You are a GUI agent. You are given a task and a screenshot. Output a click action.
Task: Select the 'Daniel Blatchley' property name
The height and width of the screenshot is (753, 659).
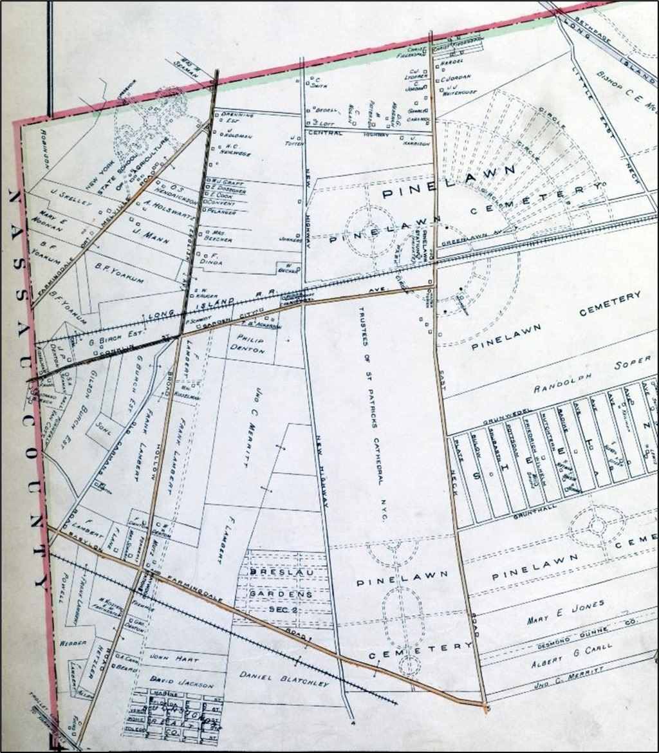coord(284,678)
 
